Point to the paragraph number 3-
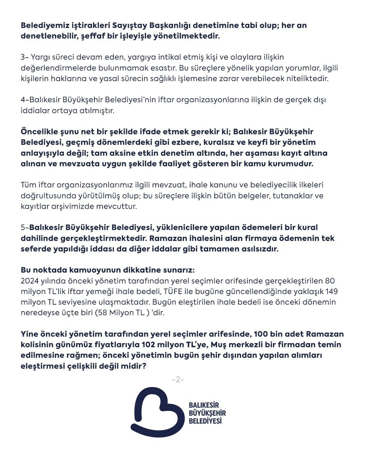(25, 57)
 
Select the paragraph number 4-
(25, 100)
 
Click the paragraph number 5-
(25, 227)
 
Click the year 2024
(30, 281)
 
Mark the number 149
(332, 292)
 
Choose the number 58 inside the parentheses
(103, 313)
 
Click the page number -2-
(178, 380)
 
